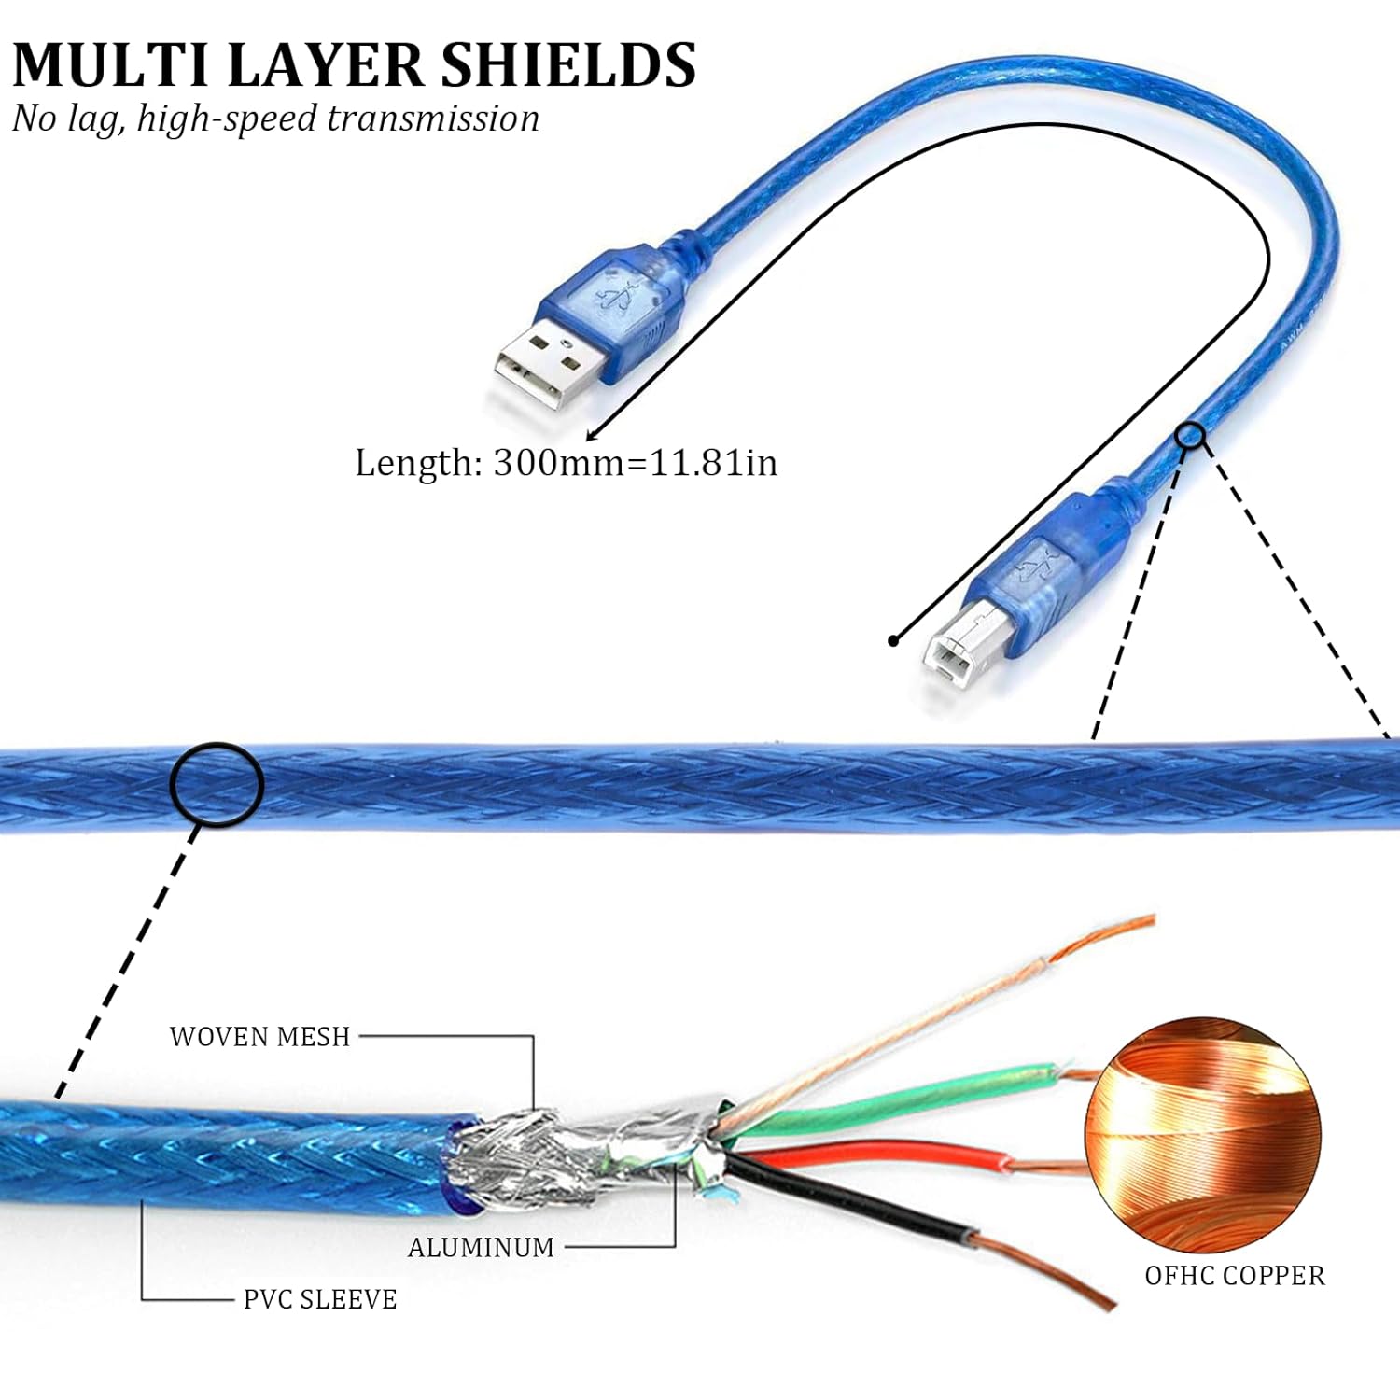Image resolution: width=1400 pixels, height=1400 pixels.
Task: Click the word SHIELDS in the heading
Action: tap(567, 64)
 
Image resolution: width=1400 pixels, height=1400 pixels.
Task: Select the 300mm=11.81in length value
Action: tap(635, 463)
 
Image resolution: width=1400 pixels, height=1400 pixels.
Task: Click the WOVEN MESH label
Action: tap(259, 1037)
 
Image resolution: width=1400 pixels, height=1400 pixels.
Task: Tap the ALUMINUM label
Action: tap(481, 1248)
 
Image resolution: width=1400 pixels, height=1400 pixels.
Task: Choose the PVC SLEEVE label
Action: tap(320, 1299)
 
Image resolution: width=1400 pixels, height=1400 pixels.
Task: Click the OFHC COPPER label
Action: tap(1235, 1276)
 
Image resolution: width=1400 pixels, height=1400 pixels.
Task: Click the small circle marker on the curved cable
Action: tap(1190, 435)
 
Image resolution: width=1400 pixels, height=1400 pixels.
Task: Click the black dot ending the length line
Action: tap(893, 640)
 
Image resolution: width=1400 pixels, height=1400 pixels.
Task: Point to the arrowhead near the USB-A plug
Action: tap(592, 434)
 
